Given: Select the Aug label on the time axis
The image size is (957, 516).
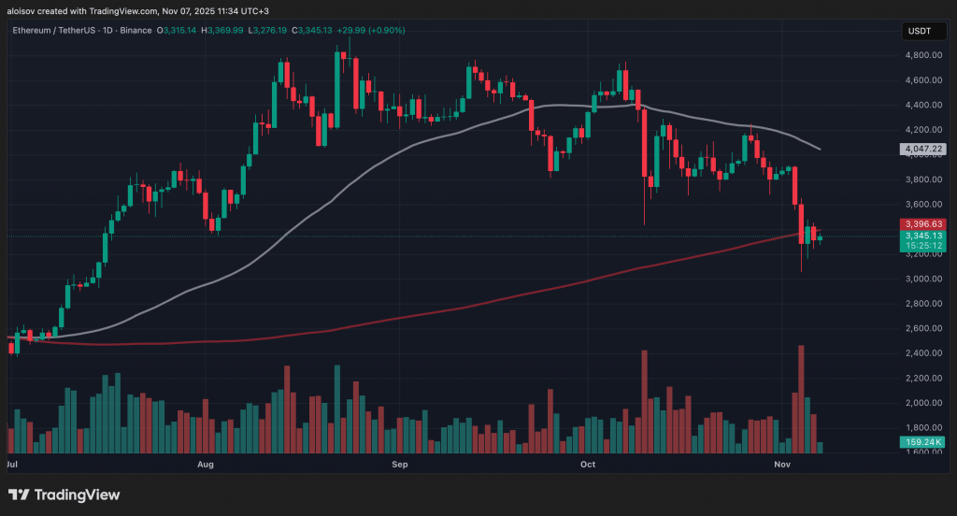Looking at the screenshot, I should pos(207,464).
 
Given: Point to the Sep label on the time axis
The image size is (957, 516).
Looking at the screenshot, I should pos(400,464).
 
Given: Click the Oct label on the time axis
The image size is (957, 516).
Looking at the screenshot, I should pos(588,464).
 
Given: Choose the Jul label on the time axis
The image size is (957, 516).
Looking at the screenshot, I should pos(13,464).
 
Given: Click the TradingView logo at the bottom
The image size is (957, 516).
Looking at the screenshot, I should pos(64,494).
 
